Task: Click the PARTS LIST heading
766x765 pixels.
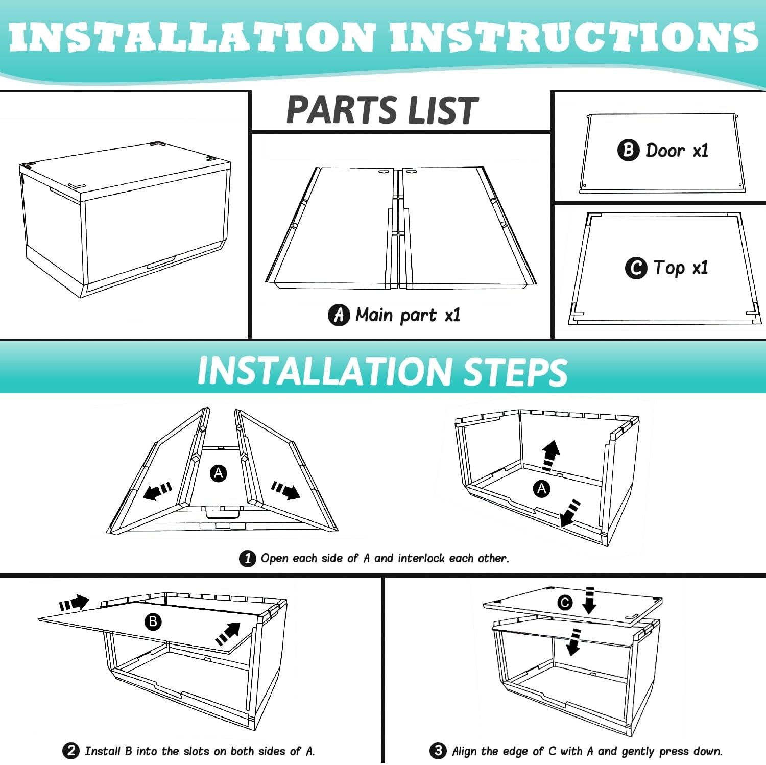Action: (382, 111)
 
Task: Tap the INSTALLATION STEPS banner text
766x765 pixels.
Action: (382, 371)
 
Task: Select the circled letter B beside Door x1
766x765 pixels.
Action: (628, 150)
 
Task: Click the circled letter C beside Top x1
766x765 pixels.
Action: (636, 268)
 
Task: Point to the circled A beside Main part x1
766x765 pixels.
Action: (339, 315)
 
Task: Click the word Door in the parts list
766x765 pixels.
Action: (665, 150)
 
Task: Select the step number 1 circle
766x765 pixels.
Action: (248, 558)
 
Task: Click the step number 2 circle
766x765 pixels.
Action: (71, 751)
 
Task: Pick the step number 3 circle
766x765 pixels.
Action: (438, 751)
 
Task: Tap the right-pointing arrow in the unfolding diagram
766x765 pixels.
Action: (286, 490)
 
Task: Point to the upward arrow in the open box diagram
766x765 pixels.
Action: (550, 455)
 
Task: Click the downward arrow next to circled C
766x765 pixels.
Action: (589, 600)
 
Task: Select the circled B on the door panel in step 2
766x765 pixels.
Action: (153, 621)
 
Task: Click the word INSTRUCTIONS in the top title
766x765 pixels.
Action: (573, 37)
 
